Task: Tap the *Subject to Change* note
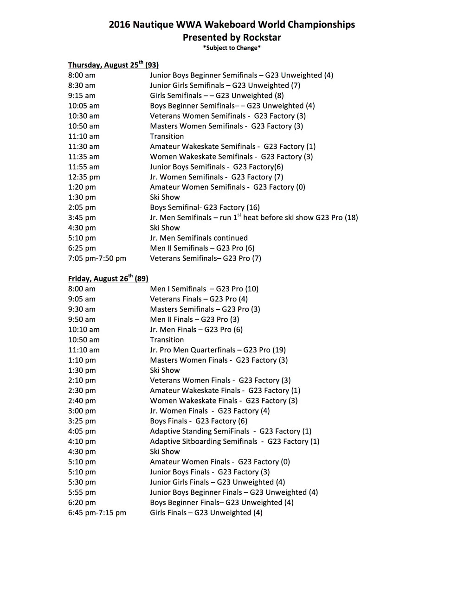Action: click(x=232, y=48)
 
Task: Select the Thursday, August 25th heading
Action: click(x=113, y=65)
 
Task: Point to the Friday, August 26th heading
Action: click(x=108, y=279)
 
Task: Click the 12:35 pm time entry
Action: click(x=84, y=177)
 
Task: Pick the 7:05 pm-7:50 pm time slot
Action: click(x=97, y=258)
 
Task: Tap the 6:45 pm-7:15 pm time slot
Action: click(x=97, y=513)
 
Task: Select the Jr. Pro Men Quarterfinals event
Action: click(x=218, y=350)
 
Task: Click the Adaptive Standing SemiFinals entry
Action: click(x=231, y=431)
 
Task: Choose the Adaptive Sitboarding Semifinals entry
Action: click(x=234, y=441)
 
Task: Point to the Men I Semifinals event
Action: click(x=204, y=289)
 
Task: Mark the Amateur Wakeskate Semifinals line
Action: click(x=232, y=147)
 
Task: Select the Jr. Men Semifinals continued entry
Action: click(x=199, y=238)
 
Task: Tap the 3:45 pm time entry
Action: click(x=82, y=217)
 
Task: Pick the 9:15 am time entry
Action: click(x=82, y=96)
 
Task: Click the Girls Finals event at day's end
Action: click(x=206, y=513)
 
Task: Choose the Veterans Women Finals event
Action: click(x=220, y=381)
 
